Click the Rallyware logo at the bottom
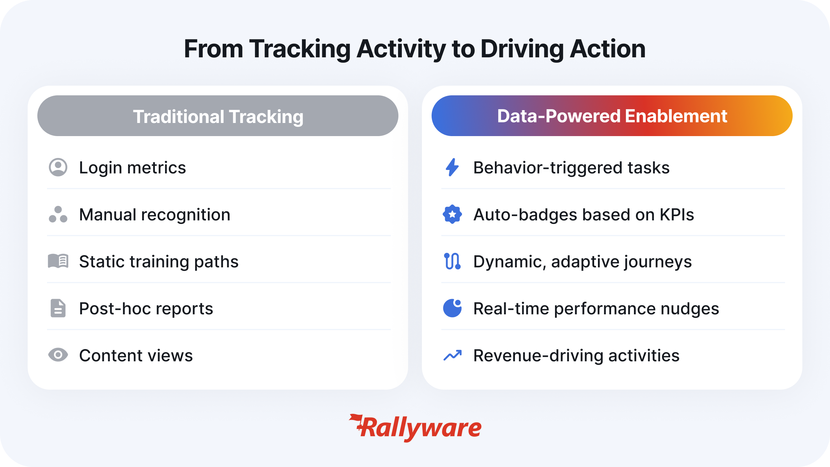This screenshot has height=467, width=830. [x=415, y=428]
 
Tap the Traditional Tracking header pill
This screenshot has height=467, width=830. [x=218, y=116]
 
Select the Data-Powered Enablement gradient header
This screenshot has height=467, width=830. [x=612, y=116]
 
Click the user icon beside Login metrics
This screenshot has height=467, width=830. [x=58, y=168]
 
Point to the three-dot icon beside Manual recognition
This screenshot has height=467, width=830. [x=58, y=215]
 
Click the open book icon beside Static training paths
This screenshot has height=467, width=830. [x=58, y=261]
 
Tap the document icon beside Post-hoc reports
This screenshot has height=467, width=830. [x=58, y=308]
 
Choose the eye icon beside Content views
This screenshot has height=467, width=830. [x=58, y=355]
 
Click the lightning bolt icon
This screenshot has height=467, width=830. [x=452, y=168]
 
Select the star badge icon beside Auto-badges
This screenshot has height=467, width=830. [x=452, y=215]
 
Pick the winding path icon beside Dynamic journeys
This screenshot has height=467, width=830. [x=452, y=261]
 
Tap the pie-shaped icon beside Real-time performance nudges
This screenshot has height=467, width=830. [x=452, y=308]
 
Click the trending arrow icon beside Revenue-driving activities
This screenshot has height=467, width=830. [x=452, y=355]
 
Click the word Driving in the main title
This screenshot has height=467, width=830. [x=522, y=49]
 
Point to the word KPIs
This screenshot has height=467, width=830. [x=677, y=215]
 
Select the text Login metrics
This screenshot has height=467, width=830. [x=132, y=168]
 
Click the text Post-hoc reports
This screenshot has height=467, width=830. [x=146, y=309]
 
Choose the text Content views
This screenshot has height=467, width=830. [x=136, y=355]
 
